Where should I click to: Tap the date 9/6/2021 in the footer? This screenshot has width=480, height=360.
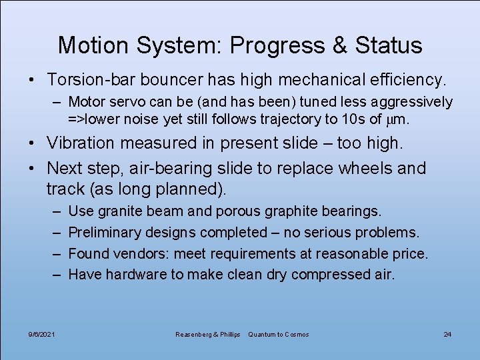(42, 334)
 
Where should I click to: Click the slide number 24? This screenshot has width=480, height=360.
(447, 334)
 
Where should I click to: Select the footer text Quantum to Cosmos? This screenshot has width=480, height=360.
(279, 334)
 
